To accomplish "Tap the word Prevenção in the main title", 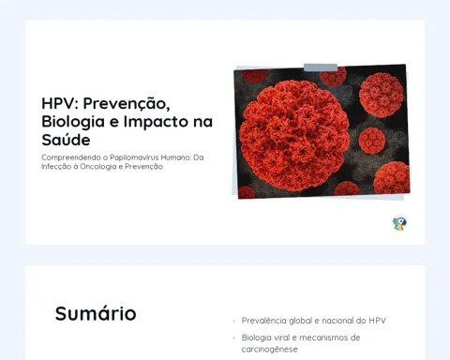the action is coord(127,104).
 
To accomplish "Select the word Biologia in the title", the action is coord(73,122).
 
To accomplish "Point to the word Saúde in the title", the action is coord(66,140).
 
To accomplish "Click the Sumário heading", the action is coord(96,313).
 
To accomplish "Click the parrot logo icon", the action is coord(399,223).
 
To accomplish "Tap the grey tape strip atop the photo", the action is coord(321,67).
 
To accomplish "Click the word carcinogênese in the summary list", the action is coord(269,349).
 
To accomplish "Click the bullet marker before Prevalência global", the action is coord(234,321).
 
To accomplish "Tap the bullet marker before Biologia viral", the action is coord(234,337).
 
